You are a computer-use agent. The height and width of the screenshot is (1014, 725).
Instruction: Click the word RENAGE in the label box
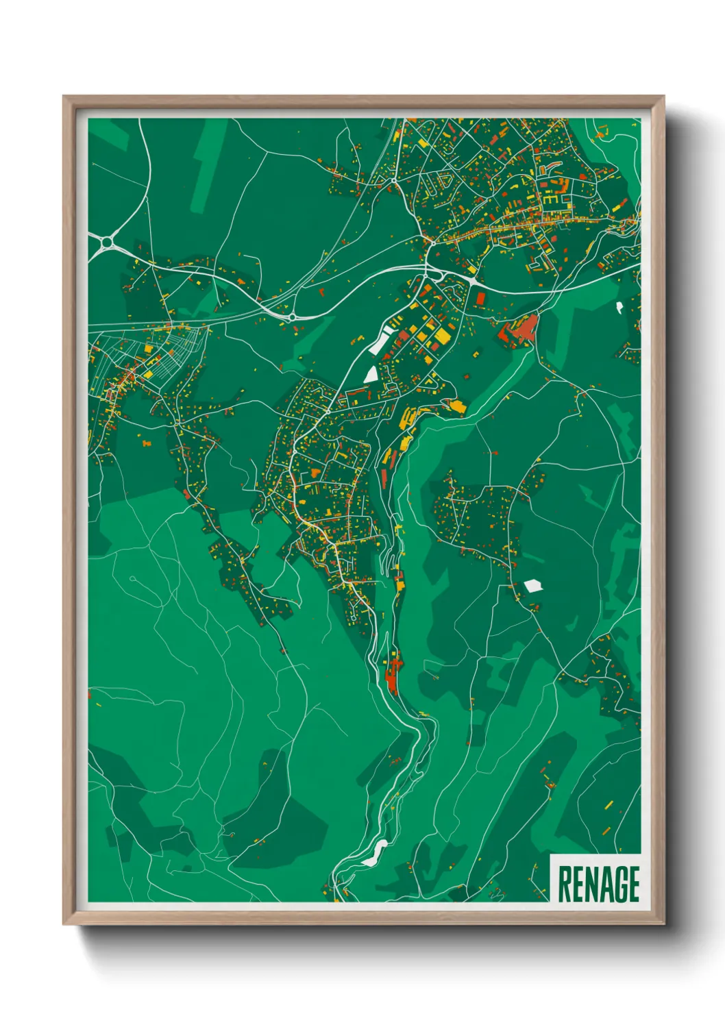598,884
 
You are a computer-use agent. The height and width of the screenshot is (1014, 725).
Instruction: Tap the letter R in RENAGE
565,884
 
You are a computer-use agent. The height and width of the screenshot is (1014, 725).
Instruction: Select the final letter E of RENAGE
633,884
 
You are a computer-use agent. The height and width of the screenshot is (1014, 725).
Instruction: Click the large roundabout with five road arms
106,242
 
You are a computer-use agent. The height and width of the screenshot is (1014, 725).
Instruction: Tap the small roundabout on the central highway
293,317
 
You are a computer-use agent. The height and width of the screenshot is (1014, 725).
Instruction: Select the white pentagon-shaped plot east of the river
532,585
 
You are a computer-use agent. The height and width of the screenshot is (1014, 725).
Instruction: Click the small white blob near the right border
619,307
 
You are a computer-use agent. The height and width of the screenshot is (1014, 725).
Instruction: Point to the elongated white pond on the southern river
375,852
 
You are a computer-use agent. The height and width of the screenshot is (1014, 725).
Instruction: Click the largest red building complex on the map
518,329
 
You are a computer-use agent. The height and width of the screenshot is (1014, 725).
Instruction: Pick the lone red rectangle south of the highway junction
480,299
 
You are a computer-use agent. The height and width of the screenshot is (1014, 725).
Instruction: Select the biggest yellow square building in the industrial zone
442,336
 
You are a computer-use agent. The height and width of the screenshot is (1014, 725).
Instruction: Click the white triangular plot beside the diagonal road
371,374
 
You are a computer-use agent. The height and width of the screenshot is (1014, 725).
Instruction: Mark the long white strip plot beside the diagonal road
379,341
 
